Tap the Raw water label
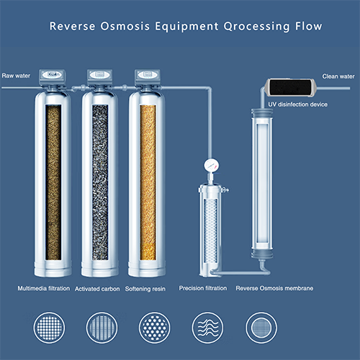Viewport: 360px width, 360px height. pos(15,75)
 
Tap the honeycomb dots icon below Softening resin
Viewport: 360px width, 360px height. pos(153,326)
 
